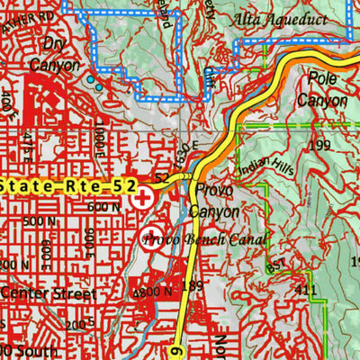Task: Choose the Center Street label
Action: pos(49,293)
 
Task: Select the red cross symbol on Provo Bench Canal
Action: pos(151,238)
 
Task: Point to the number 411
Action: pos(307,289)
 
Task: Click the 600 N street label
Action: pos(105,206)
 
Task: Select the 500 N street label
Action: pos(43,221)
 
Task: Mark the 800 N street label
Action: pos(151,292)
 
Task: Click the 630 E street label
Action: pos(184,142)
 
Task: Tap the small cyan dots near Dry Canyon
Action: pos(94,84)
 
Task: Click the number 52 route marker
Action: pos(161,179)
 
